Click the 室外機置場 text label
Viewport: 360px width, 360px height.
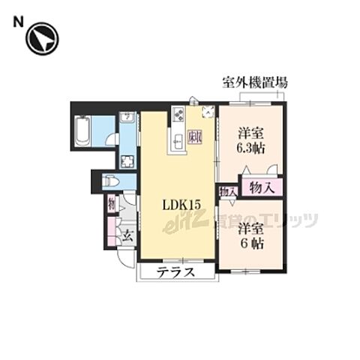pyautogui.click(x=254, y=82)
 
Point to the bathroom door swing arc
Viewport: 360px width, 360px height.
pyautogui.click(x=111, y=138)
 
